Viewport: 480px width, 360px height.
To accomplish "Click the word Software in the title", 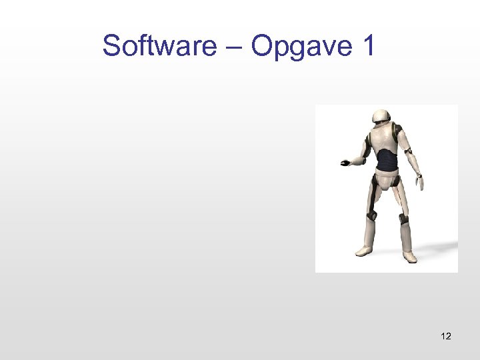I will click(x=159, y=46).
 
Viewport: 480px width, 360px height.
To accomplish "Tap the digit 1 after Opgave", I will click(x=369, y=46).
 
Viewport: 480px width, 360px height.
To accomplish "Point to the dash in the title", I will click(x=234, y=47).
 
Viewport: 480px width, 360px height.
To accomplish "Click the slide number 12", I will click(x=446, y=336).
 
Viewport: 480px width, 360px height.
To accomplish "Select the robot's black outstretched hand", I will click(x=345, y=162).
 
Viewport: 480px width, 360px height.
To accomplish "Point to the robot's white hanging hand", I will click(x=419, y=182).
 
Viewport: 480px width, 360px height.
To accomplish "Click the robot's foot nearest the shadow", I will click(x=409, y=255).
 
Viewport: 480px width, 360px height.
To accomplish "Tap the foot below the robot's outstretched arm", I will click(x=364, y=251).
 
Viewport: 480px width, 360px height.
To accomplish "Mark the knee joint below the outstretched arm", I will click(x=371, y=215).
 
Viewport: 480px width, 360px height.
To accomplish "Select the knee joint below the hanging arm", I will click(x=403, y=218).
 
